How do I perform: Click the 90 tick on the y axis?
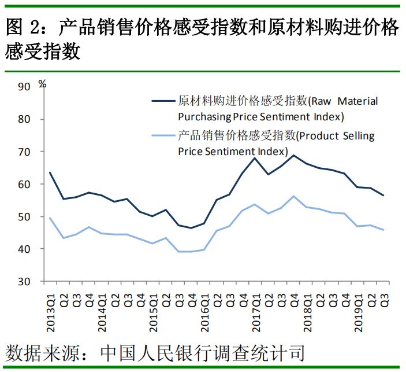(x=24, y=87)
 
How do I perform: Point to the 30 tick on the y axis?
(x=24, y=282)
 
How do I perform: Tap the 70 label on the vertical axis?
(x=24, y=152)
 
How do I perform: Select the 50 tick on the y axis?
(x=24, y=217)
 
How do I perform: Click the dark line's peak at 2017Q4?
(x=293, y=155)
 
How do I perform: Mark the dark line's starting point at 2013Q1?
(x=50, y=172)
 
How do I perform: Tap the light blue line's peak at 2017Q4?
(x=293, y=196)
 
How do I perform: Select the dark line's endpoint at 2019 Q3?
(x=383, y=195)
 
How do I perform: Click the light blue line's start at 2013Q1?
(x=50, y=218)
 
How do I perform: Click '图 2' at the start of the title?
(x=21, y=28)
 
